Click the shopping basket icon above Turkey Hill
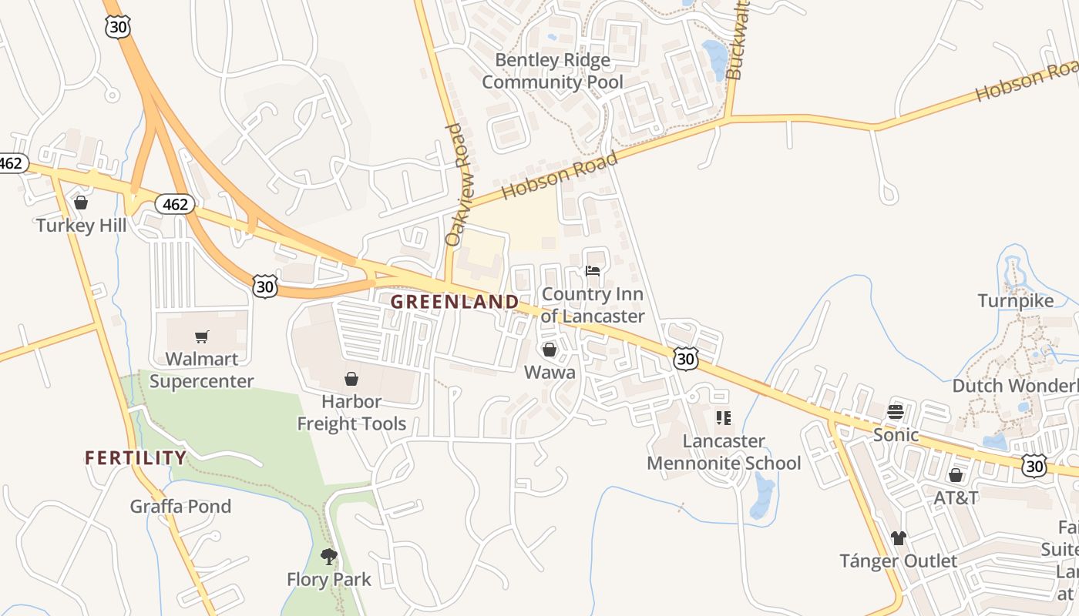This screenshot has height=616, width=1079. [x=81, y=203]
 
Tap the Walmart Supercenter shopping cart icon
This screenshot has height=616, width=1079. [x=202, y=336]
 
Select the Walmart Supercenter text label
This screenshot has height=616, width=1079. [x=201, y=370]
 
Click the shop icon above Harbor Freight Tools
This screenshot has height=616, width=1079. [x=351, y=379]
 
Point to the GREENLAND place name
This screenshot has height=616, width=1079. [x=454, y=302]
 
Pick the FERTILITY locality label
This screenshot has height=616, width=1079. [x=136, y=458]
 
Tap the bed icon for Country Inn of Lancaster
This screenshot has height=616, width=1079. [x=593, y=271]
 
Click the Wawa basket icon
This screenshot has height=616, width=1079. [x=550, y=350]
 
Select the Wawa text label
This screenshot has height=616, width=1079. [x=550, y=373]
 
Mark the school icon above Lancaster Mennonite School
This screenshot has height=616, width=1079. [x=723, y=418]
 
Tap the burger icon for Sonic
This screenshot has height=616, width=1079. [x=895, y=411]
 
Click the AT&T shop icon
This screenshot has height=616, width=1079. [x=956, y=475]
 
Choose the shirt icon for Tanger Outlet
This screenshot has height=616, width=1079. [x=898, y=537]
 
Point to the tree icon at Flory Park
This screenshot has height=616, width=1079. [x=329, y=556]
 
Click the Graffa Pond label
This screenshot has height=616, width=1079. [x=180, y=507]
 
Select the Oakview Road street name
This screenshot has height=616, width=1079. [x=457, y=185]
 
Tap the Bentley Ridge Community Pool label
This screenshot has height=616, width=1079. [x=553, y=71]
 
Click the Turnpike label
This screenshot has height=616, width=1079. [x=1015, y=300]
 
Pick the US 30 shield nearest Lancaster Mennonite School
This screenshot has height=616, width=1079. [x=685, y=358]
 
